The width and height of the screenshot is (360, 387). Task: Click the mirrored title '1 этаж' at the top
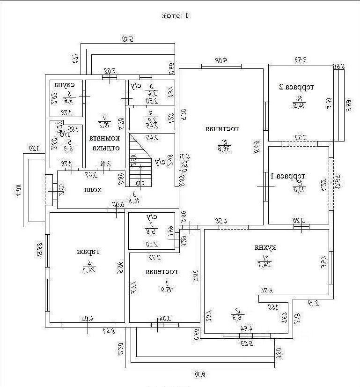click(x=175, y=16)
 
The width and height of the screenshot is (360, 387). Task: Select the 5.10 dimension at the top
click(x=127, y=39)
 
